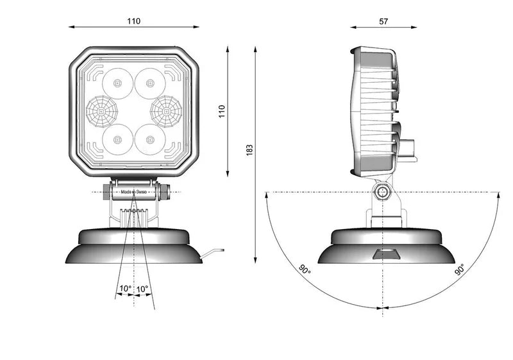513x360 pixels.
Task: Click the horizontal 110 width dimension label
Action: tap(133, 21)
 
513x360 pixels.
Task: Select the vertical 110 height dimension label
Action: tap(223, 112)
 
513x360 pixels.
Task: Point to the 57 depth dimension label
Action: tap(383, 21)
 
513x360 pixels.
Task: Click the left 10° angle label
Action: tap(124, 289)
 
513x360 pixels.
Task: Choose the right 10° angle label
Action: tap(142, 289)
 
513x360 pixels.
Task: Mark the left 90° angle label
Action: tap(304, 269)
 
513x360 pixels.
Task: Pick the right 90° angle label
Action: tap(460, 270)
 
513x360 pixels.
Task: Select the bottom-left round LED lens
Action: tap(117, 139)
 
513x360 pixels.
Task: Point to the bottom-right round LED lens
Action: tap(150, 139)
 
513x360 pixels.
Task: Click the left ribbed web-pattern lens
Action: tap(99, 111)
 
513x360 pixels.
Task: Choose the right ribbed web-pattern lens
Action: tap(165, 111)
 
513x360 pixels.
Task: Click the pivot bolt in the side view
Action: tap(383, 192)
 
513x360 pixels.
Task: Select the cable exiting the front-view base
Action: tap(212, 253)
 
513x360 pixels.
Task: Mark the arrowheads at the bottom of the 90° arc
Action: tap(383, 309)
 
